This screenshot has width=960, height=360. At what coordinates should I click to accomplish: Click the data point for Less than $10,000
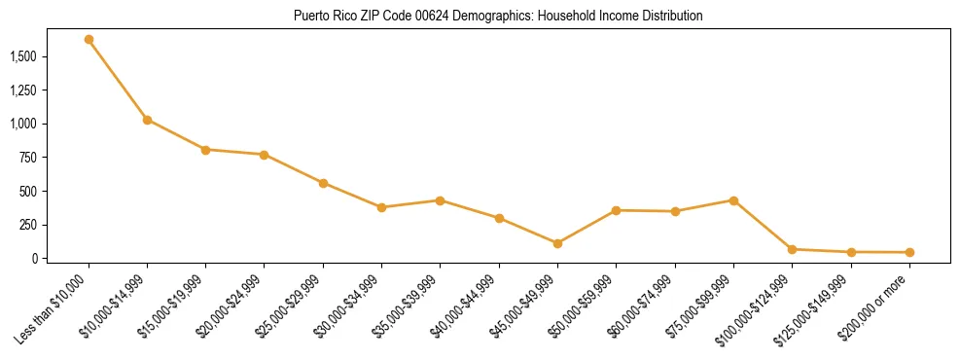tap(89, 40)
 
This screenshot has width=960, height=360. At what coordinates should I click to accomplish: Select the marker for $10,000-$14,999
tap(147, 120)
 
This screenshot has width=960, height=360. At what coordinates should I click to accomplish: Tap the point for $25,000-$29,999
tap(323, 183)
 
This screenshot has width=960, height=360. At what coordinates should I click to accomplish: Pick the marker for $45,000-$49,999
tap(557, 243)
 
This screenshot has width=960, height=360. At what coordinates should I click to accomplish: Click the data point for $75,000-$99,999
tap(733, 200)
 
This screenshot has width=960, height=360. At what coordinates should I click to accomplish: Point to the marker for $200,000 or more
tap(909, 253)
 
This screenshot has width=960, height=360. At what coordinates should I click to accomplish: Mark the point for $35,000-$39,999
tap(441, 200)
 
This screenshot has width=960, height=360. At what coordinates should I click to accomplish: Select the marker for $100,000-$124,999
tap(792, 250)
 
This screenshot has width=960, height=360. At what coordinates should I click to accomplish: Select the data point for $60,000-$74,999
tap(675, 211)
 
